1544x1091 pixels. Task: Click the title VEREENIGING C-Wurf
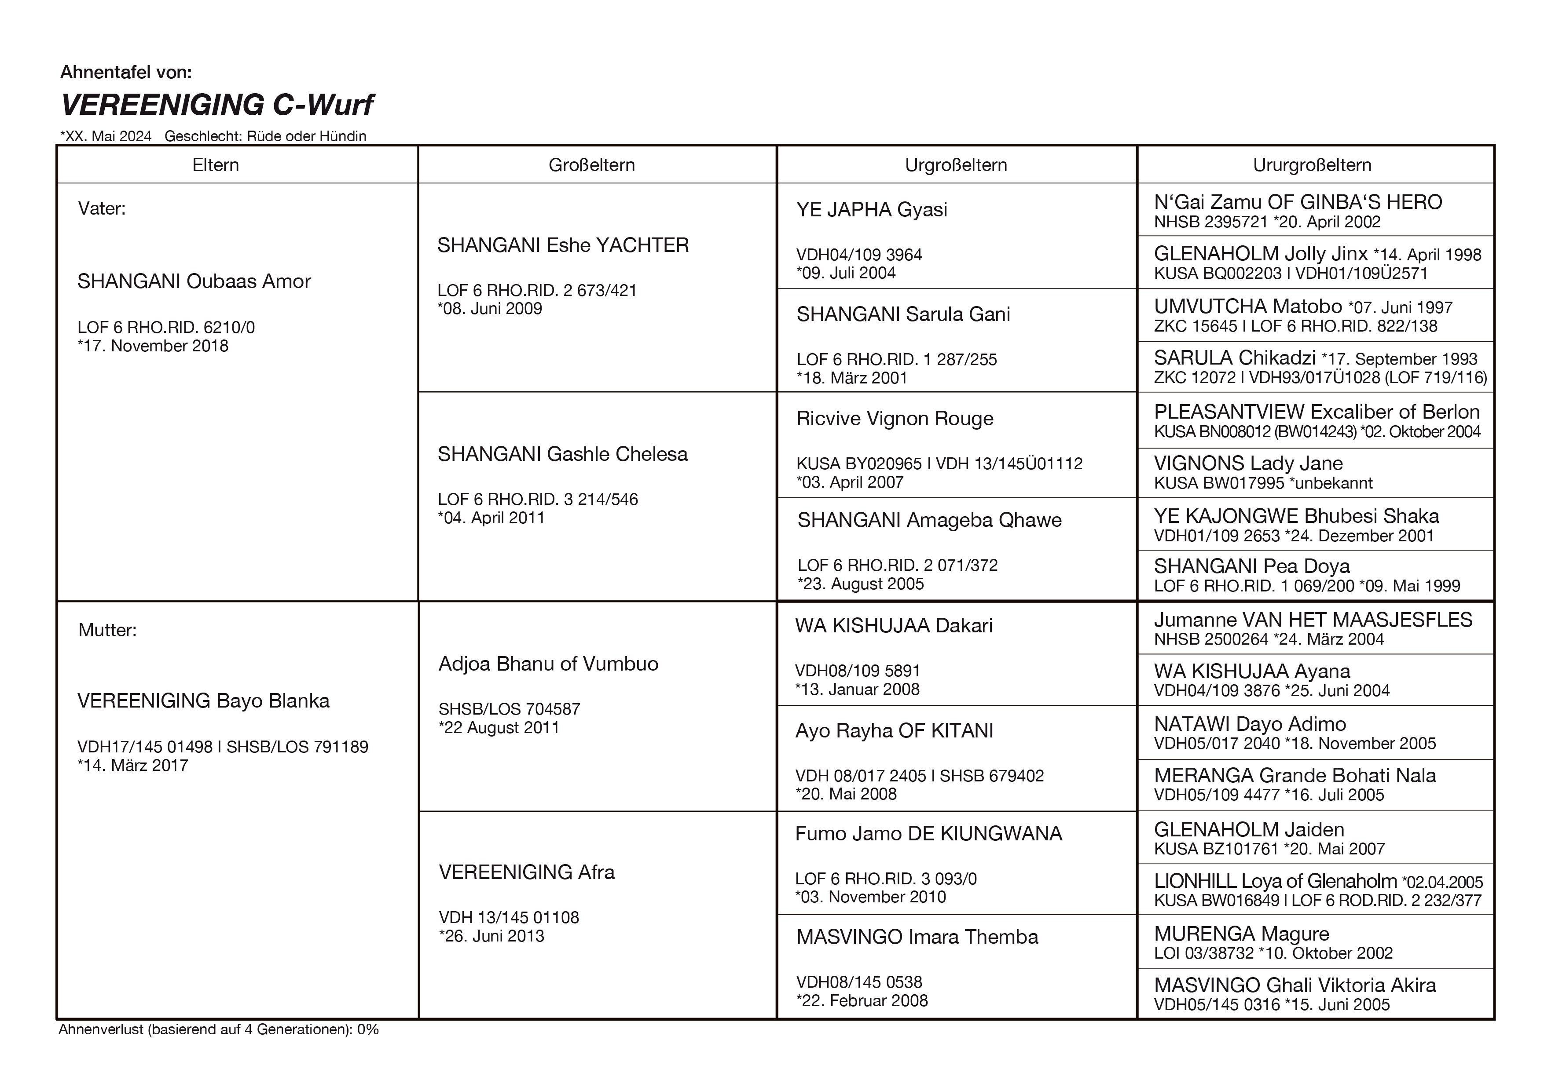(216, 105)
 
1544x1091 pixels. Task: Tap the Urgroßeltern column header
(956, 165)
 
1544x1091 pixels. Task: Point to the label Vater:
(102, 208)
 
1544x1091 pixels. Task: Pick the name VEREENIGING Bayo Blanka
(203, 701)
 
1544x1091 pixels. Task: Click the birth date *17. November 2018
(153, 346)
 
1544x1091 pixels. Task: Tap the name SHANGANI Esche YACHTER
(563, 245)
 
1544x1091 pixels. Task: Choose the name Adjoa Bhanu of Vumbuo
(548, 664)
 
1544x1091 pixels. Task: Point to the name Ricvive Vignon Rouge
(895, 418)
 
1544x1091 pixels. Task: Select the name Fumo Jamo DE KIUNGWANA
(928, 834)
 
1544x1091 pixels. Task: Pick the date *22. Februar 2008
(862, 1000)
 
